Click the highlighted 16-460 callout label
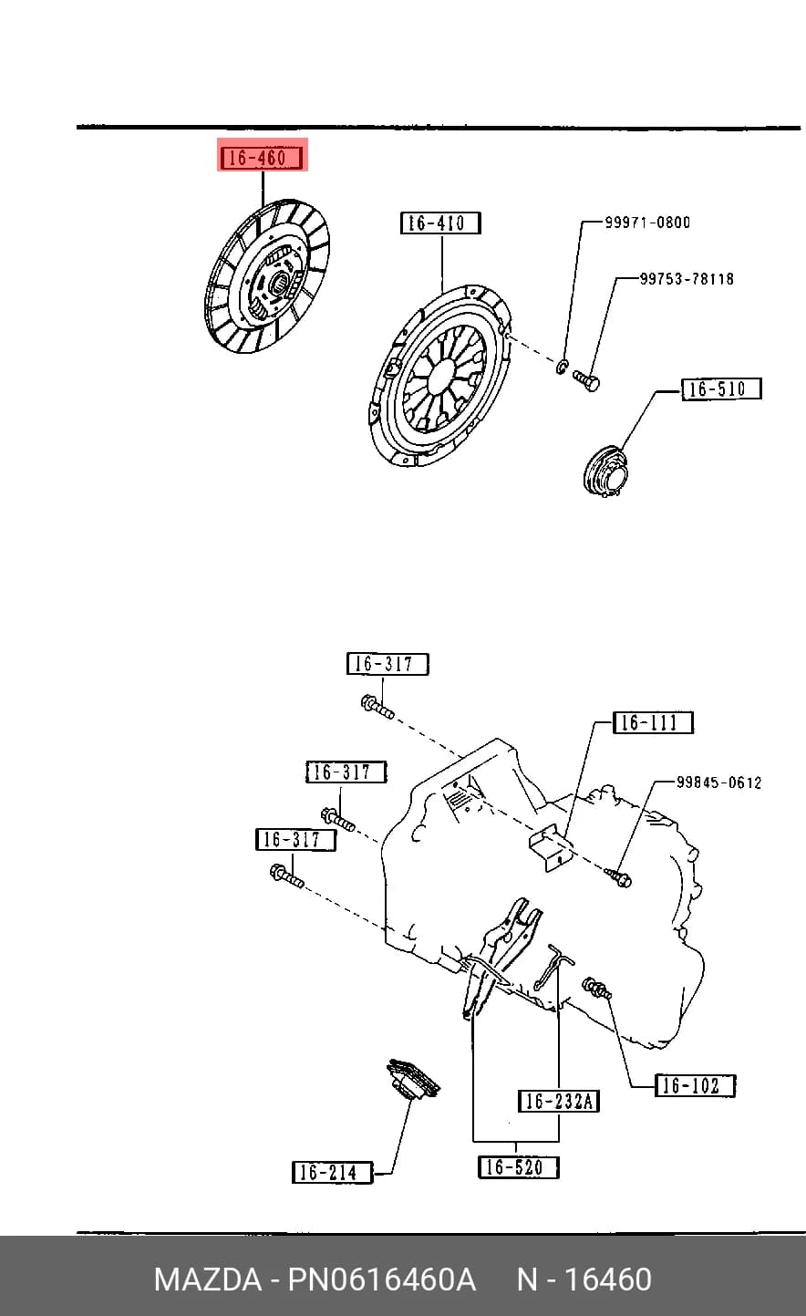click(x=262, y=158)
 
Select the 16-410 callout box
click(x=440, y=223)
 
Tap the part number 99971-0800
click(x=647, y=223)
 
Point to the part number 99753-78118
click(x=687, y=278)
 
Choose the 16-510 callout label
click(x=721, y=389)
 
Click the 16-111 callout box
click(x=653, y=722)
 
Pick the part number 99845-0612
click(x=718, y=782)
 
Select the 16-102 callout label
click(x=695, y=1085)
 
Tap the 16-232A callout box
click(x=558, y=1101)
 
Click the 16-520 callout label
click(x=518, y=1167)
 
